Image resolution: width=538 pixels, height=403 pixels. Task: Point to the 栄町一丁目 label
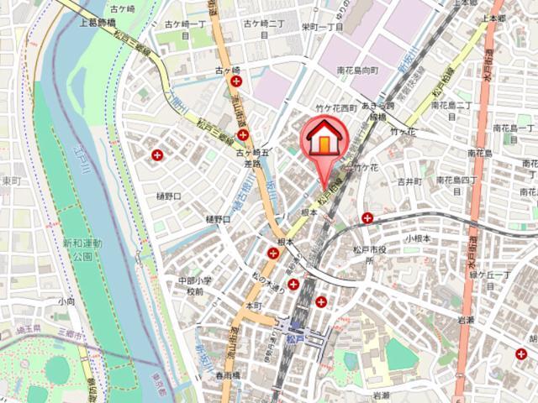(x=323, y=28)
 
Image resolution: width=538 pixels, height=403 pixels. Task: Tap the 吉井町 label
(x=409, y=181)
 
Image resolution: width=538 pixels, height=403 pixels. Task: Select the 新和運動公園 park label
(x=81, y=249)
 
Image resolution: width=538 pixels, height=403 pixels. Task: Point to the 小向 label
(x=66, y=300)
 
